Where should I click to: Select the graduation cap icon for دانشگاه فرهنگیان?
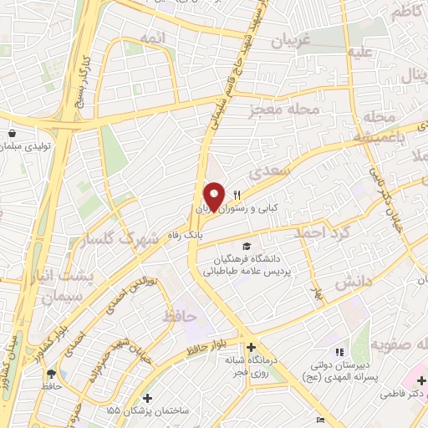pos(247,246)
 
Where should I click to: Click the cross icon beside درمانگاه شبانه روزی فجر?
pos(252,348)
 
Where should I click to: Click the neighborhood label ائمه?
pos(153,38)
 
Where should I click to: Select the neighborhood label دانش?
pos(352,285)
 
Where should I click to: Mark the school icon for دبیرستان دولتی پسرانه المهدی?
pos(339,353)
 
